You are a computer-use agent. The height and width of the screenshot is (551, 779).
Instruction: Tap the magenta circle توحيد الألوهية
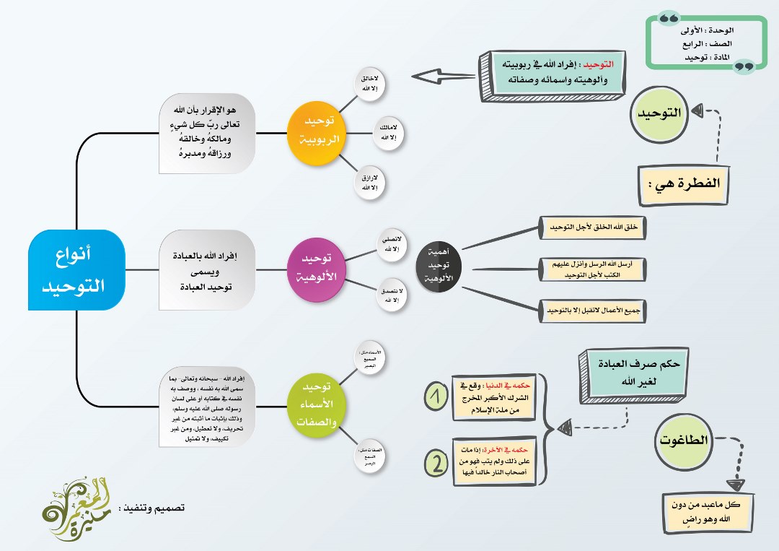point(315,267)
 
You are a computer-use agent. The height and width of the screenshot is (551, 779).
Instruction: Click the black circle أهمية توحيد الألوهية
point(439,267)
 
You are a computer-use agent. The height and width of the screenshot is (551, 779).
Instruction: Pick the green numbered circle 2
point(436,463)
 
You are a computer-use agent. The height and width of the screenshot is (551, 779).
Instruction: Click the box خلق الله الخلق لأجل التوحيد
point(593,228)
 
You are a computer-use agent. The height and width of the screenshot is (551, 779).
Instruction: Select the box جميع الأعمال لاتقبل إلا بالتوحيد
point(594,312)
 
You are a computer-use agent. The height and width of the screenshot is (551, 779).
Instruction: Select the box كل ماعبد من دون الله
point(708,511)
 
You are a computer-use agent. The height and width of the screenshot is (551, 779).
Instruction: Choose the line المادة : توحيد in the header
point(708,56)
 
